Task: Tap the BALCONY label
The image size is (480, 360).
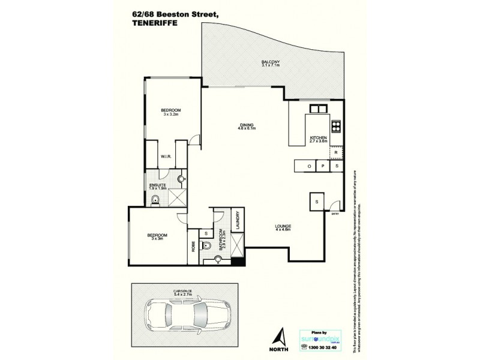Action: [x=271, y=62]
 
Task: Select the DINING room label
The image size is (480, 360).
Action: [x=247, y=125]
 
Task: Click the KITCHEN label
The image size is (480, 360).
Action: [x=317, y=139]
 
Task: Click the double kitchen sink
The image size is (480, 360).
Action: [x=317, y=109]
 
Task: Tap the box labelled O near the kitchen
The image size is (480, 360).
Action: [x=310, y=166]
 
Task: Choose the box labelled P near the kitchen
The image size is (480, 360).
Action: [x=323, y=166]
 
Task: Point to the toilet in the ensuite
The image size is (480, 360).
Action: [x=155, y=200]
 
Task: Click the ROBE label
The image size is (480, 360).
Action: [x=194, y=246]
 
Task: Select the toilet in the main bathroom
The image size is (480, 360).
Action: [x=206, y=244]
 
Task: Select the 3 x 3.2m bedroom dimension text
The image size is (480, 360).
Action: [x=171, y=114]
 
